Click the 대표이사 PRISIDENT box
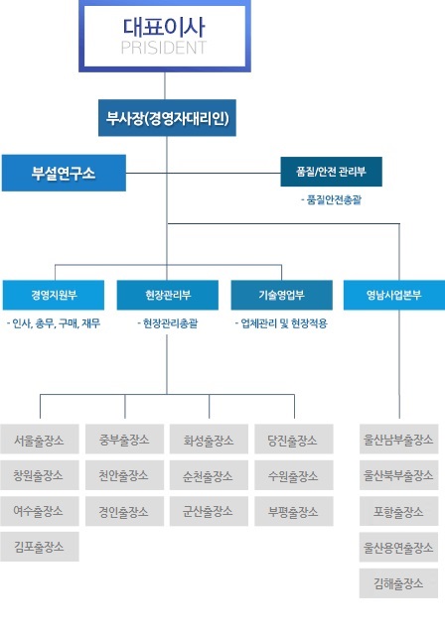(165, 36)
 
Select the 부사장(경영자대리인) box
(167, 118)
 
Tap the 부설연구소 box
(64, 173)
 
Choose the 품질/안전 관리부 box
(331, 172)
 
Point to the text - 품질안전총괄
(331, 200)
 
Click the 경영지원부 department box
(54, 295)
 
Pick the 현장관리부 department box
(168, 295)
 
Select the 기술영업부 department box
(282, 295)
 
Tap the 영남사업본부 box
(394, 295)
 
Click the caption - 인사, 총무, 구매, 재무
(54, 323)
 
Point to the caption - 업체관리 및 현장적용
(282, 323)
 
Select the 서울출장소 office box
(40, 439)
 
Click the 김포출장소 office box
(40, 547)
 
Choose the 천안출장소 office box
(124, 475)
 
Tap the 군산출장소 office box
(209, 511)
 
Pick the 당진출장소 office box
(294, 439)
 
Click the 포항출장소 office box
(398, 512)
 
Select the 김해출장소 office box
(398, 583)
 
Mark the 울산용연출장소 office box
(398, 547)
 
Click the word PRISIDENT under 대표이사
(164, 48)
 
